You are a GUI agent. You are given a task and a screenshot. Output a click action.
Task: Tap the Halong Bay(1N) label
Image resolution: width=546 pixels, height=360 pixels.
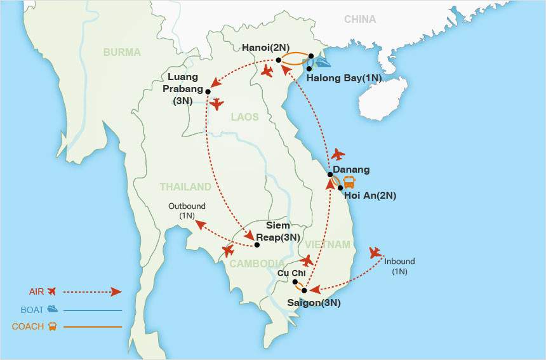point(343,78)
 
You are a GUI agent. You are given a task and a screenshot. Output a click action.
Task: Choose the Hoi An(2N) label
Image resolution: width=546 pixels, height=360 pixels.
point(370,196)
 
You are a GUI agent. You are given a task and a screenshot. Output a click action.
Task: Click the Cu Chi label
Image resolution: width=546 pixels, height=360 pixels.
point(291,272)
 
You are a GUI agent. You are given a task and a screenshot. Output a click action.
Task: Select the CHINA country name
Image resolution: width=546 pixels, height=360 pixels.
point(360,20)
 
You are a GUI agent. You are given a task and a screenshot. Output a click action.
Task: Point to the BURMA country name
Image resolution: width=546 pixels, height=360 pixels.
point(122,52)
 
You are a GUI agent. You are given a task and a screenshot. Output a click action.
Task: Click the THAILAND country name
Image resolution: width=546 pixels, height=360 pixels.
point(185,187)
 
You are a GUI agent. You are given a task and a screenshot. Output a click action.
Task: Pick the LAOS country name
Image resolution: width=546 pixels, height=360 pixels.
point(244,117)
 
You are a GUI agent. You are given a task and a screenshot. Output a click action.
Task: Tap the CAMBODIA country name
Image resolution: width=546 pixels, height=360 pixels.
point(257,263)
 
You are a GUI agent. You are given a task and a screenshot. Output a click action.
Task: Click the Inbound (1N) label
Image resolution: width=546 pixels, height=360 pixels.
point(399,266)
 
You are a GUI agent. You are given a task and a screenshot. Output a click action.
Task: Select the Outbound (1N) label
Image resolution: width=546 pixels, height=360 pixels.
point(187,211)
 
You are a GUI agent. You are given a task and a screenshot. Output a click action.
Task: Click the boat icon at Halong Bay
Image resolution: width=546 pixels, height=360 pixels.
point(323,62)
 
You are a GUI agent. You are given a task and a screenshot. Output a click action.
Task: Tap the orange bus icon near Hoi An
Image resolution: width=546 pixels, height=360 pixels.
point(349,183)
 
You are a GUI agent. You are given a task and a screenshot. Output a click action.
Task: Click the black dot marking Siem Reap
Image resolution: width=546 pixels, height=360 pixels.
point(256,244)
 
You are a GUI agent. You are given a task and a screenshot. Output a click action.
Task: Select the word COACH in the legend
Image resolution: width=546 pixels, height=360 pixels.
point(28,326)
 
